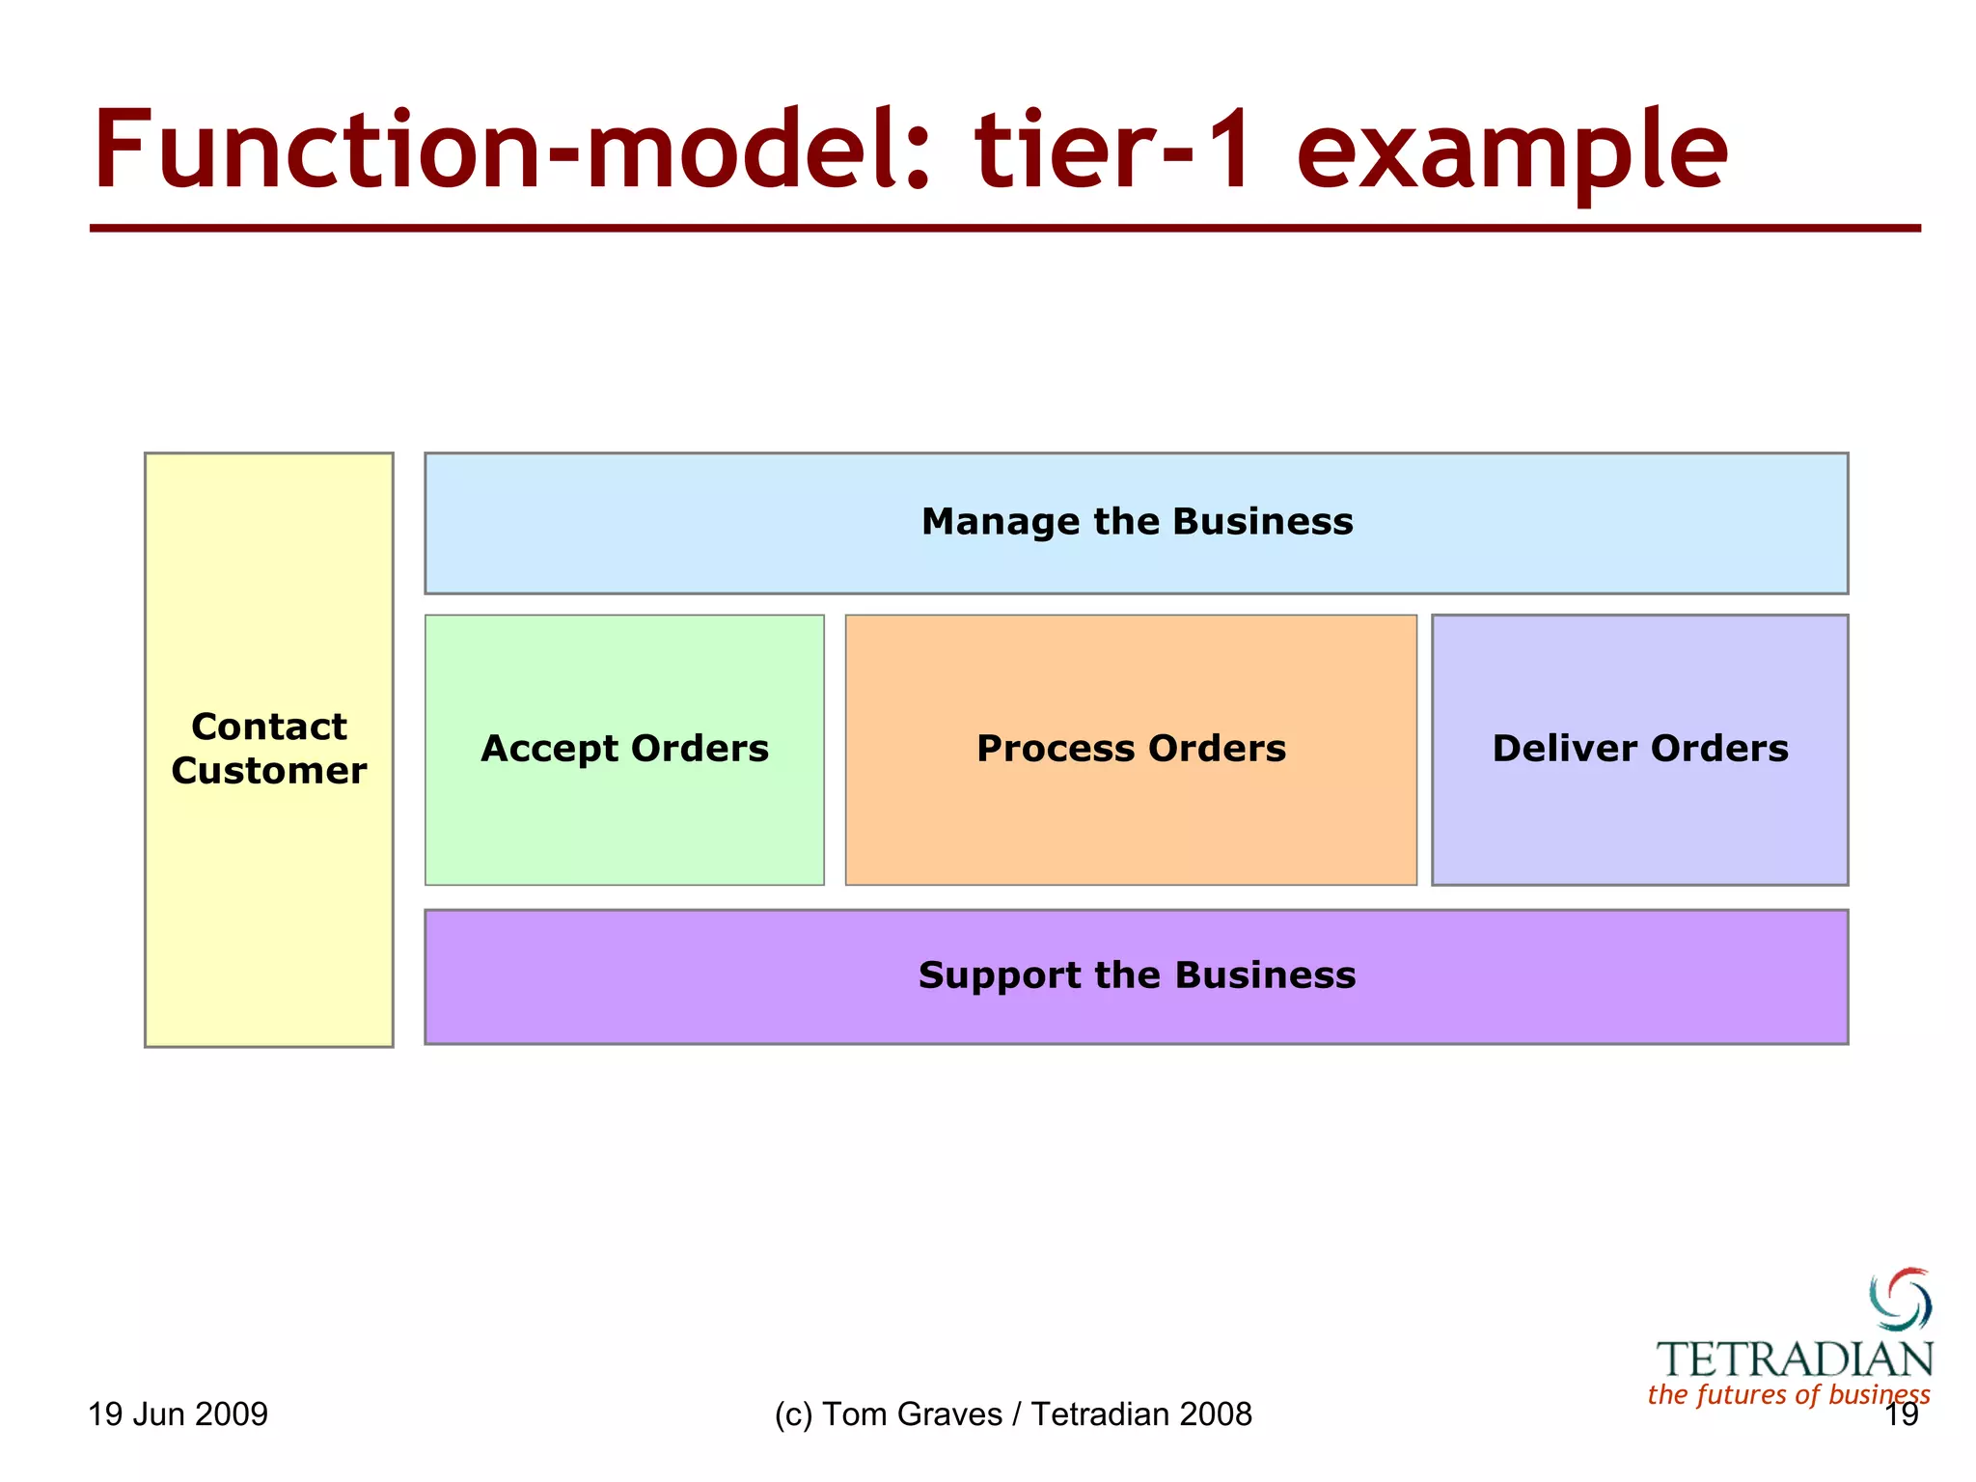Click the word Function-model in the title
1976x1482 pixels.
511,151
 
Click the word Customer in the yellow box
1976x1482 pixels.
268,771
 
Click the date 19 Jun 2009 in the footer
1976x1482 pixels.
178,1414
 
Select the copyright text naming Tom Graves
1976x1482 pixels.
1012,1414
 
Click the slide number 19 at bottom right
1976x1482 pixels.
1901,1415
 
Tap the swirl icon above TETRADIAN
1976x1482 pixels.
1900,1299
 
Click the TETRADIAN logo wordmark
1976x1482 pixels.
1795,1359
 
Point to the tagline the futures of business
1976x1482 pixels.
1788,1394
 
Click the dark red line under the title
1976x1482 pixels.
1003,229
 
